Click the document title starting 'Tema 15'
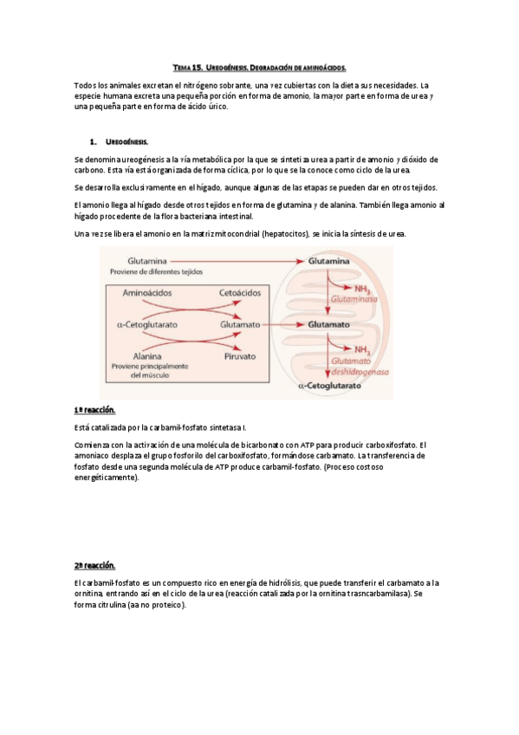259,67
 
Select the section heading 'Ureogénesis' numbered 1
127,140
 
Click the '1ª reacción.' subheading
94,410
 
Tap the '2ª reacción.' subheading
94,564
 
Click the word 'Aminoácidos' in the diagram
149,293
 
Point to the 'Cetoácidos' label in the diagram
240,293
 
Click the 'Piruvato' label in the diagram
240,356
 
